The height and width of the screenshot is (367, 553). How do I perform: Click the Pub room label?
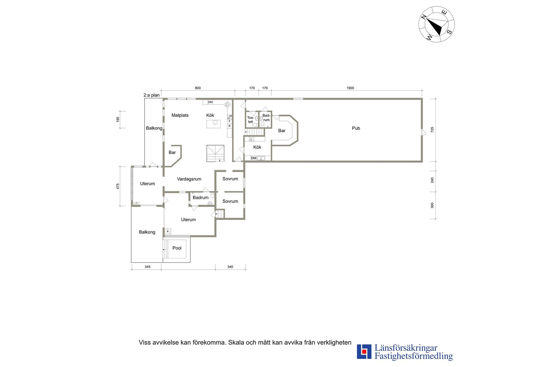(356, 128)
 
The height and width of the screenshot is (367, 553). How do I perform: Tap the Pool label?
(177, 248)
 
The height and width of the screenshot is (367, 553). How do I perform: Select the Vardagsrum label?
(189, 179)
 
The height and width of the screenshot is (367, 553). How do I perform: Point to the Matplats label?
(180, 115)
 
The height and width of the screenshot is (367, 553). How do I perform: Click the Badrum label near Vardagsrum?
(200, 197)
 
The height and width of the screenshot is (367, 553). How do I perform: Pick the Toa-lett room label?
(250, 119)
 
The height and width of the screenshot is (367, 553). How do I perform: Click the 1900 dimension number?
(350, 88)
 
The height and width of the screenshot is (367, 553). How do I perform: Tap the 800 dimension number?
(198, 88)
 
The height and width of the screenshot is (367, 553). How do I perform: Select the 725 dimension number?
(432, 130)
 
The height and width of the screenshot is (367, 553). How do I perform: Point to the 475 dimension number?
(118, 186)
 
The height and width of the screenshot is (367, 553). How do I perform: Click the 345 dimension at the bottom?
(147, 267)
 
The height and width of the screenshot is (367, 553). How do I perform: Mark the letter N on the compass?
(424, 17)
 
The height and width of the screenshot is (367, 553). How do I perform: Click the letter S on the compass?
(449, 32)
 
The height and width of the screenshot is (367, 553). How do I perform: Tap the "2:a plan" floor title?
(151, 95)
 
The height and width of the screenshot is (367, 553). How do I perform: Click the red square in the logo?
(364, 351)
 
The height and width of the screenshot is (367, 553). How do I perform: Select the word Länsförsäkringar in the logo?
(406, 348)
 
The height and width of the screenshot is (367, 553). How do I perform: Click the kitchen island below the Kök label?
(213, 124)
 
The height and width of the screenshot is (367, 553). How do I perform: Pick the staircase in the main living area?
(215, 153)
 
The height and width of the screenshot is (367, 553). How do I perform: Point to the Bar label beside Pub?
(282, 131)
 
